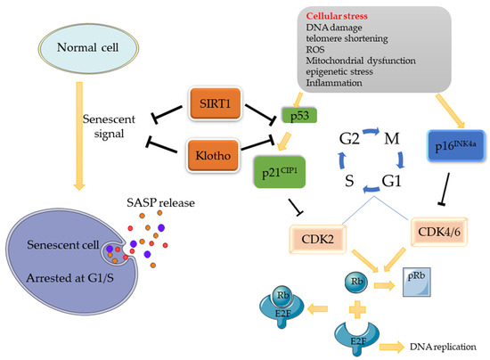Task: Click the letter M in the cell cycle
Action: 391,139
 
